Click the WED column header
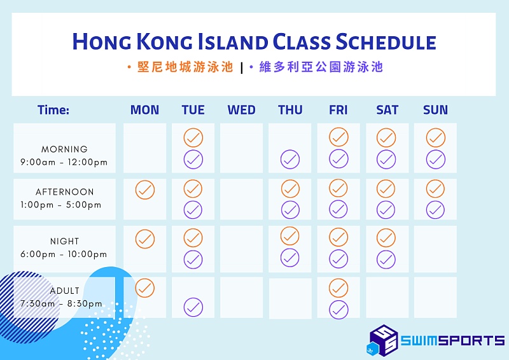[x=241, y=110]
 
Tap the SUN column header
[x=435, y=110]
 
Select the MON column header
[x=145, y=110]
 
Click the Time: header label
[x=53, y=110]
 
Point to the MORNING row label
[x=64, y=149]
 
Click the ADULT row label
[x=65, y=291]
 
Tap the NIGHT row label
[x=65, y=241]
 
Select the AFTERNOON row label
[x=65, y=192]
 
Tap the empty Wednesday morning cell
[x=241, y=148]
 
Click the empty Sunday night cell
[x=435, y=249]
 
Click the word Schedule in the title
[x=386, y=42]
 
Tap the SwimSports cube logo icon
[x=384, y=340]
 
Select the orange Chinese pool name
[x=185, y=67]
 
